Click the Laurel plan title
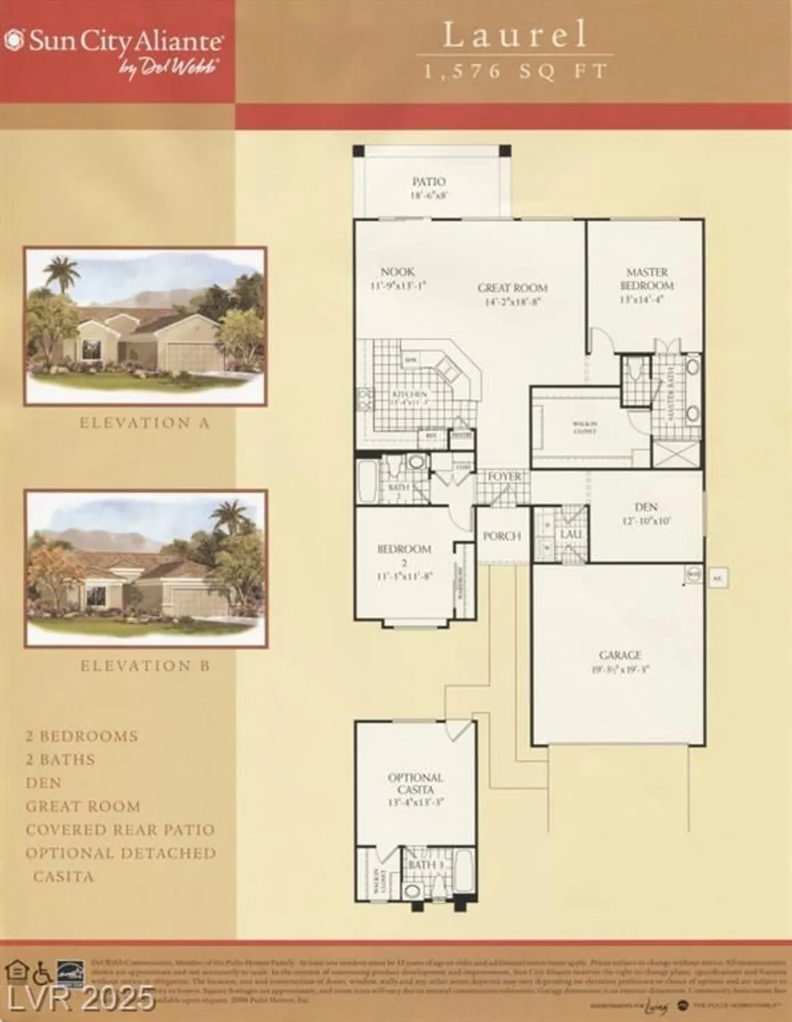coord(515,35)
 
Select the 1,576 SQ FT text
coord(515,72)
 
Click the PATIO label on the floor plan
coord(429,182)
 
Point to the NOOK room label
coord(397,272)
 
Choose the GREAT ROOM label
coord(512,288)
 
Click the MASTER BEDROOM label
coord(647,279)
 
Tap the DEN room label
coord(645,507)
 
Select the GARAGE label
coord(620,655)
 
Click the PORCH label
coord(502,536)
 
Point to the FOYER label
coord(504,477)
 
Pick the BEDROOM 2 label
coord(404,555)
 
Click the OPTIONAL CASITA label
coord(415,784)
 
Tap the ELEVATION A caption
coord(144,423)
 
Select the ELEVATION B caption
coord(145,666)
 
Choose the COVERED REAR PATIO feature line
coord(120,830)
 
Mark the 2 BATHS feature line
coord(61,760)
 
